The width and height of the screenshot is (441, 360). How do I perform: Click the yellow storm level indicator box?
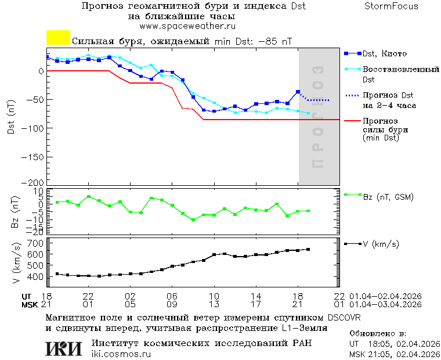pos(58,38)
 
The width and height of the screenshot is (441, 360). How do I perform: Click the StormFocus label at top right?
pos(391,6)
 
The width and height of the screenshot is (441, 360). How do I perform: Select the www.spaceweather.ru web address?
pos(187,26)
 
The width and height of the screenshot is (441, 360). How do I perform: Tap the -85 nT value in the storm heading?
pos(274,42)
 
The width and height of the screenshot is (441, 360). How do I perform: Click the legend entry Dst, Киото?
pos(384,53)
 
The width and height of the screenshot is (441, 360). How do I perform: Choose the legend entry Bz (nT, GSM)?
pos(388,197)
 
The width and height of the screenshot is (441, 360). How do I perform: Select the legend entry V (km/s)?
pos(381,244)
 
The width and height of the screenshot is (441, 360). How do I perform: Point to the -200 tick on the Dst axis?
pos(34,182)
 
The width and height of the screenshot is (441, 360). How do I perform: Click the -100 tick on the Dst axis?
pos(34,127)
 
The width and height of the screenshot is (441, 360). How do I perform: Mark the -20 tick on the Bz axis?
pos(36,231)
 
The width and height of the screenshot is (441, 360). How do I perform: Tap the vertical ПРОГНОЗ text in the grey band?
pos(317,116)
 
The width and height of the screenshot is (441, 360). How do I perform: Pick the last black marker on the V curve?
pos(308,249)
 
